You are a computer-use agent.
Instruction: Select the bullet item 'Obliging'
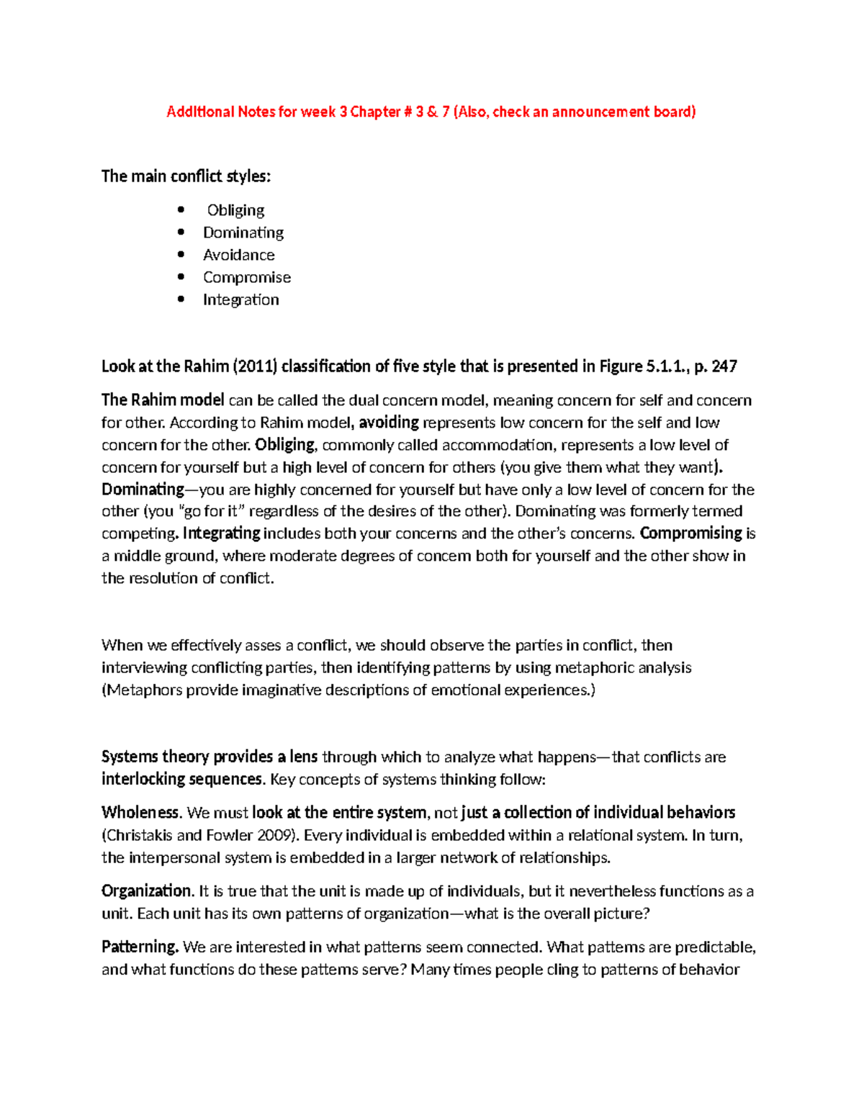tap(235, 210)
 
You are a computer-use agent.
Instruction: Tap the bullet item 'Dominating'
tap(243, 233)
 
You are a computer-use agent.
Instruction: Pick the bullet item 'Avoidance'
tap(238, 255)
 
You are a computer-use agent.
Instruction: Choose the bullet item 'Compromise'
tap(246, 277)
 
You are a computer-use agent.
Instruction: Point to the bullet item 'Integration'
tap(240, 299)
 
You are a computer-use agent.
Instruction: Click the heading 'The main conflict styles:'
tap(186, 176)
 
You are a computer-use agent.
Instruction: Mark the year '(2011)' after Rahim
tap(254, 366)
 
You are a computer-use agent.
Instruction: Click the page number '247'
tap(724, 366)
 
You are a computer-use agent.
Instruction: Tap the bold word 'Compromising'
tap(690, 533)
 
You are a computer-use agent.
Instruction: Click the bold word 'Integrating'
tap(221, 533)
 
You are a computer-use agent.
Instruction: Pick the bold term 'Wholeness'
tap(140, 813)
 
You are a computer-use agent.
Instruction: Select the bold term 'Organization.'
tap(148, 891)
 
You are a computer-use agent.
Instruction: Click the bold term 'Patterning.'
tap(140, 947)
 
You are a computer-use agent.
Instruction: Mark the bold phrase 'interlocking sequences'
tap(181, 779)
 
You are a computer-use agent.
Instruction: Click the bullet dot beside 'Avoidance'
tap(181, 255)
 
